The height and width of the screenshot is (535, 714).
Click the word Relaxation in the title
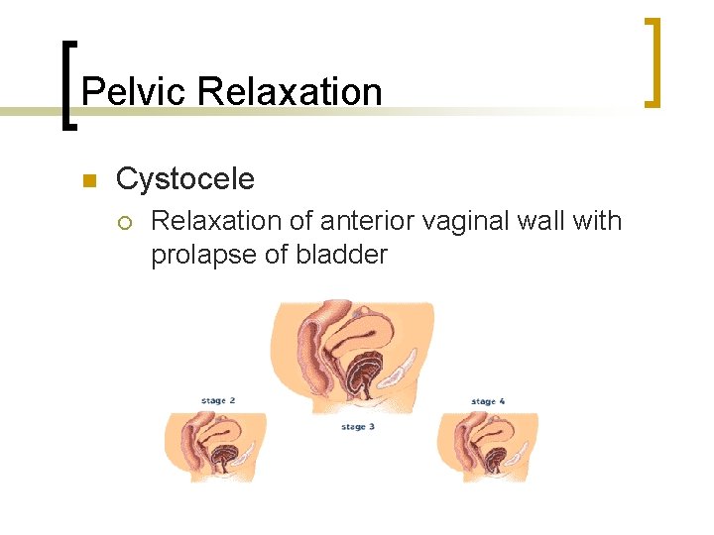click(290, 92)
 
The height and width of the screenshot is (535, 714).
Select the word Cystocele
click(184, 179)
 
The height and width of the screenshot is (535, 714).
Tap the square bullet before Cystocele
click(87, 180)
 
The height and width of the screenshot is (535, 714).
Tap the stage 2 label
click(218, 401)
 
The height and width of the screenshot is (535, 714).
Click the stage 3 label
click(358, 427)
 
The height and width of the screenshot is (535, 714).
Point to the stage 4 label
click(489, 401)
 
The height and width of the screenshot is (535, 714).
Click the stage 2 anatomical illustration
click(215, 448)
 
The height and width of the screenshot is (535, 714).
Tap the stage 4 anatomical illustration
click(488, 448)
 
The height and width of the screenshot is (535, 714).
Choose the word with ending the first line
click(598, 220)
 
